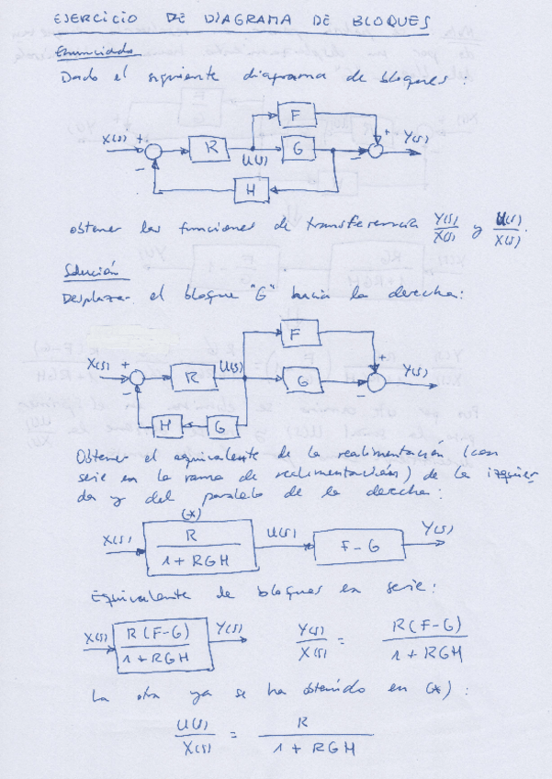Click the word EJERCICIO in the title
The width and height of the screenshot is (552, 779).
click(96, 19)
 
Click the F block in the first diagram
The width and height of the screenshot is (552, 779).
click(297, 115)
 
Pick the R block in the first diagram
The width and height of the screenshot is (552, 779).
click(211, 147)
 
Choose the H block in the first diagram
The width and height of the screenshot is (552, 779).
click(249, 190)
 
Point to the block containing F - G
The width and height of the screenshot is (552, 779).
click(358, 548)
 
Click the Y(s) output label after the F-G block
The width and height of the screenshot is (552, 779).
click(434, 529)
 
